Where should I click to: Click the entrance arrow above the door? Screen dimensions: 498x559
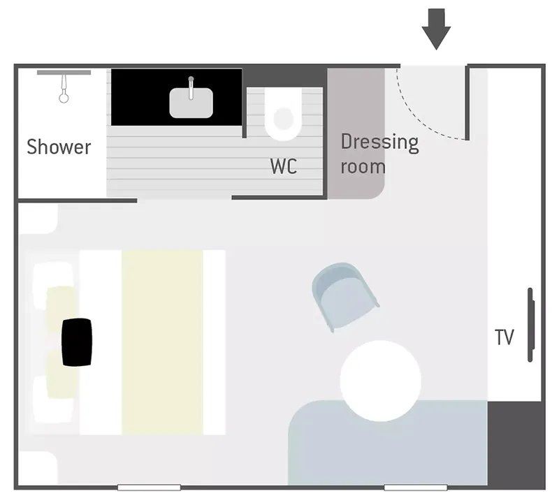437,28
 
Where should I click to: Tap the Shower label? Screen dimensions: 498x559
59,147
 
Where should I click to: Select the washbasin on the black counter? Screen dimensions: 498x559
190,102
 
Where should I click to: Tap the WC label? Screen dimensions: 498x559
284,166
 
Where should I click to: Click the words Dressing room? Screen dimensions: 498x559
379,154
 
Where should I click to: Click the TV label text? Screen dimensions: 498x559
504,337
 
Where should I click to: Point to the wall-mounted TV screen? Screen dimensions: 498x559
530,325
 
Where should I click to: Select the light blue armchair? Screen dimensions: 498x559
343,293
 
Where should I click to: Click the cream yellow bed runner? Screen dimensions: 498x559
163,342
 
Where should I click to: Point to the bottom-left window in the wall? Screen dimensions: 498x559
149,487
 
